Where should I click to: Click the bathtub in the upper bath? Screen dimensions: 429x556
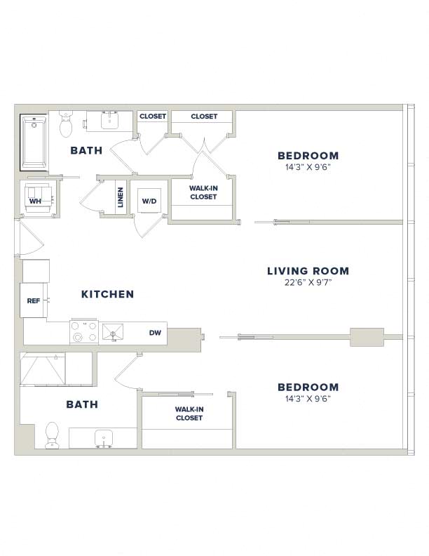(x=34, y=143)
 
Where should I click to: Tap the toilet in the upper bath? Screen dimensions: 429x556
(x=66, y=124)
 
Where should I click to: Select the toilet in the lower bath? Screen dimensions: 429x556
(x=52, y=435)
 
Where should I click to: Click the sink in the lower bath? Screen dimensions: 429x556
(x=104, y=439)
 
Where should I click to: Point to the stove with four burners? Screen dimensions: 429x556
(x=84, y=331)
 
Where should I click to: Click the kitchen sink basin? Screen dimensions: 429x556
(x=113, y=332)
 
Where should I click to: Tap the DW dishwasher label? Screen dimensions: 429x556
(x=155, y=333)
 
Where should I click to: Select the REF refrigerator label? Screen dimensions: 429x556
(x=33, y=300)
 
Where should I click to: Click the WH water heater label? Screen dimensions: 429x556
(x=35, y=201)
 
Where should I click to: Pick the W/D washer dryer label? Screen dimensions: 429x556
(x=149, y=201)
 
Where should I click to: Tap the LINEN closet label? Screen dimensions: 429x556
(x=121, y=197)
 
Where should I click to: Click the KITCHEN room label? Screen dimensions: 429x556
(x=108, y=294)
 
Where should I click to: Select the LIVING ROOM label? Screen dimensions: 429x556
(x=308, y=271)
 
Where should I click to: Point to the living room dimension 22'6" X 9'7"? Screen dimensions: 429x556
(x=308, y=283)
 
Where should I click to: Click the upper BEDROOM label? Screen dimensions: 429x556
(x=308, y=156)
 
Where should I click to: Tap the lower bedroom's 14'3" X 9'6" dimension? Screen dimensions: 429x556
(x=308, y=399)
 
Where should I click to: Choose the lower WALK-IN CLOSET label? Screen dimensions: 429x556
(x=189, y=413)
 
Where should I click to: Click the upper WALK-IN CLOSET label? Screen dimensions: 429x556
(x=203, y=192)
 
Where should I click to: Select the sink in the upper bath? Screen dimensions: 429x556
(x=110, y=120)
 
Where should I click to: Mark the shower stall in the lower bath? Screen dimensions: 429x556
(x=43, y=369)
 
